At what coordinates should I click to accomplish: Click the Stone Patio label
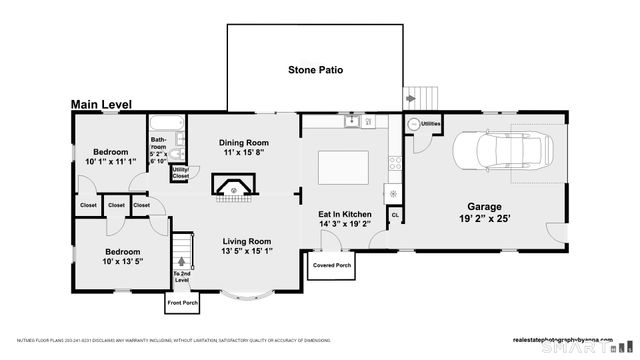(315, 70)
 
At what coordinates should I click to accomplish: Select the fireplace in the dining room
(234, 186)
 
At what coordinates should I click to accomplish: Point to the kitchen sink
(352, 122)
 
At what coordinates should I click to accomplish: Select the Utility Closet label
(180, 173)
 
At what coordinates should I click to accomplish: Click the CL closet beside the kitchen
(395, 214)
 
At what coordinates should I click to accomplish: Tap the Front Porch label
(183, 302)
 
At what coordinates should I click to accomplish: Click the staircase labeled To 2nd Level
(181, 250)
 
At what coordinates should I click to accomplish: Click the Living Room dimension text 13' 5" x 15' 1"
(247, 252)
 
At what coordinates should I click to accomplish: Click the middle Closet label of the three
(116, 206)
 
